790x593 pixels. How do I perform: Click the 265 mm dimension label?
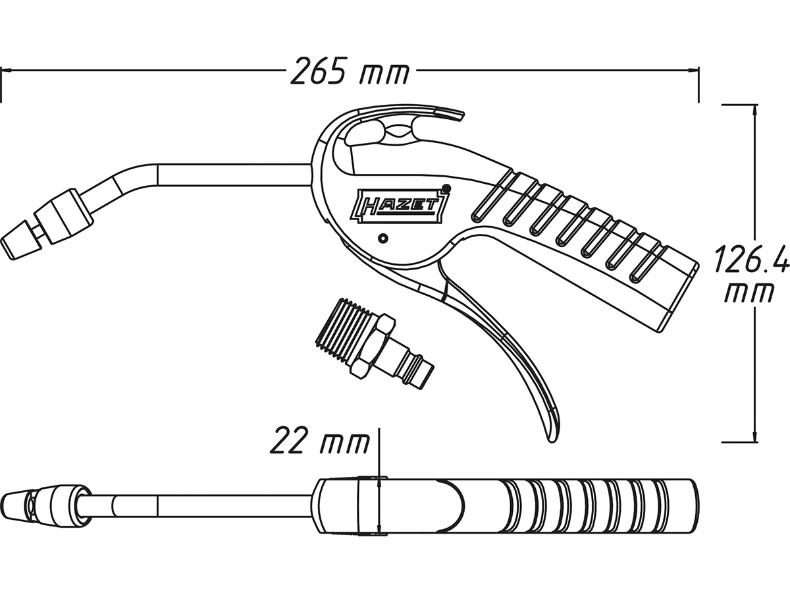click(x=350, y=71)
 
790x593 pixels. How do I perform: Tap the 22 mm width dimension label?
click(x=320, y=439)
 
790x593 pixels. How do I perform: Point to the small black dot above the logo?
click(x=446, y=188)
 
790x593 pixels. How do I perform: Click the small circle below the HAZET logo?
click(x=384, y=238)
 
